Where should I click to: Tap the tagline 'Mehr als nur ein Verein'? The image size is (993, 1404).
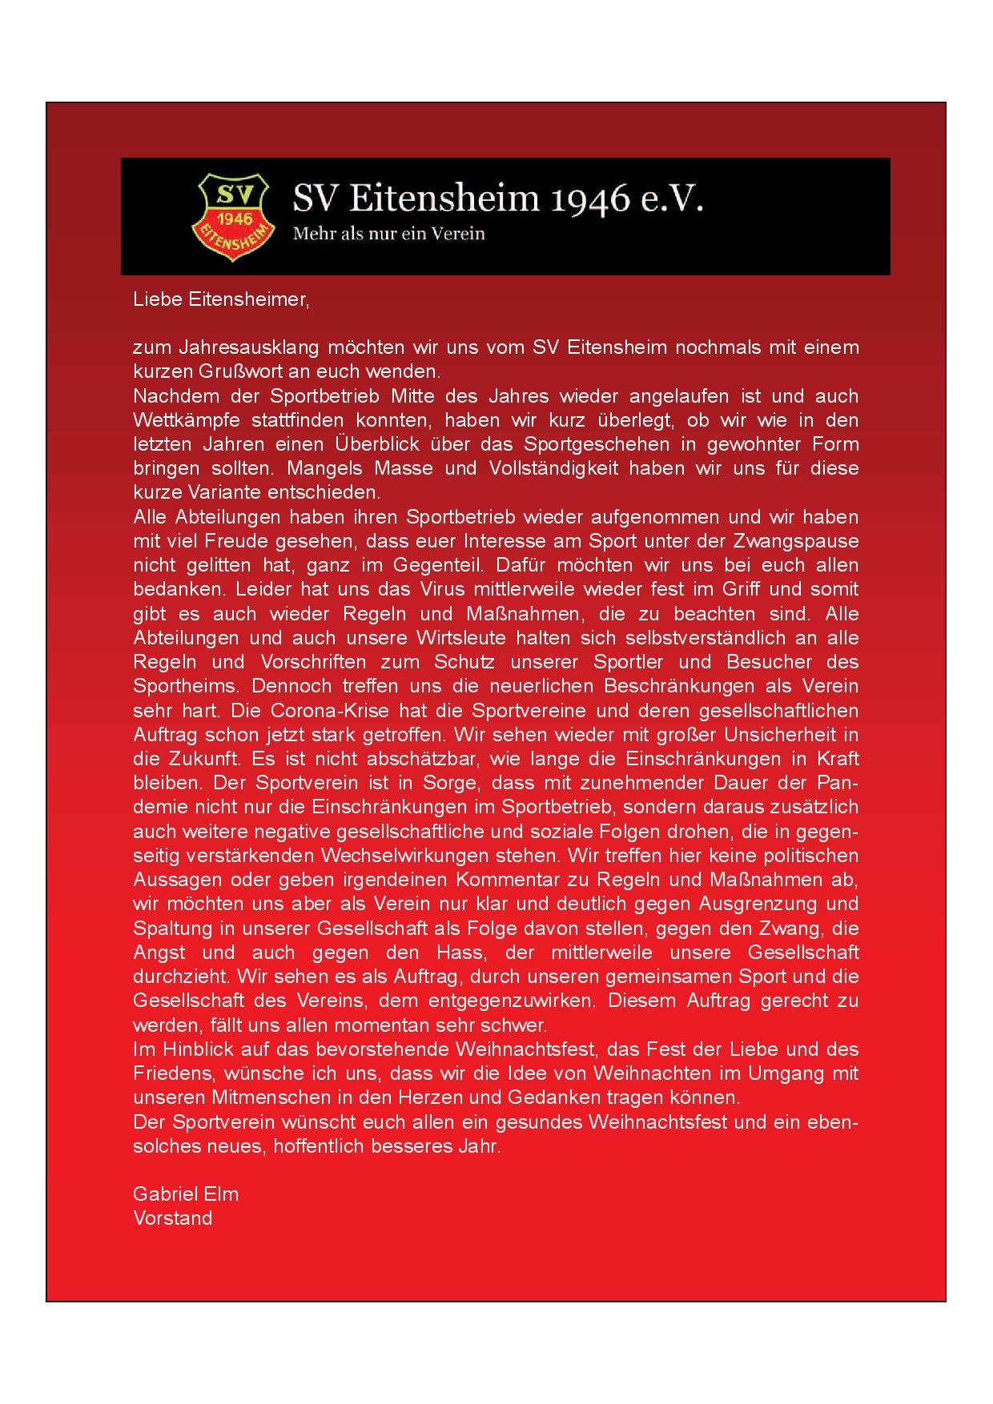coord(389,235)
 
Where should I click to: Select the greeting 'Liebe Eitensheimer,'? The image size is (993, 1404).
coord(220,300)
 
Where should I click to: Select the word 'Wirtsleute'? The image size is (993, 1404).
coord(456,638)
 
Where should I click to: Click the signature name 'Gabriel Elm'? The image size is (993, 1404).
coord(186,1194)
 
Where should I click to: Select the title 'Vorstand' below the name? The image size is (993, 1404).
coord(173,1218)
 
